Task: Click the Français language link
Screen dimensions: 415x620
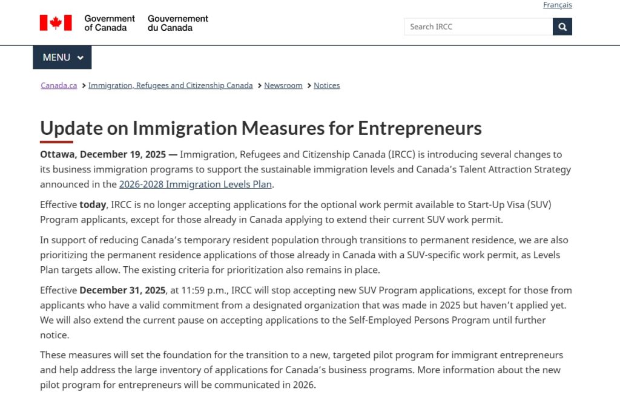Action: click(557, 5)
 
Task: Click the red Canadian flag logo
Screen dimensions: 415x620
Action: click(56, 23)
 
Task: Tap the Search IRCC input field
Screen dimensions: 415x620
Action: click(478, 27)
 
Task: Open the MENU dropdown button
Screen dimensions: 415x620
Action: click(62, 57)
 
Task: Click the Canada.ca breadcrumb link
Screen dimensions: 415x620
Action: click(59, 85)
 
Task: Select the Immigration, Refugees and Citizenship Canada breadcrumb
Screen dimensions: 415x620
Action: click(170, 85)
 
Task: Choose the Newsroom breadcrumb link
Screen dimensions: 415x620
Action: click(283, 85)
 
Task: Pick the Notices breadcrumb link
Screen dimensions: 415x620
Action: click(326, 85)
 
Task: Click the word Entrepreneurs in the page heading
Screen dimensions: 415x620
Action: click(420, 128)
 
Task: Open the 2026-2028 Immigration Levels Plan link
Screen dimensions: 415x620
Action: click(196, 184)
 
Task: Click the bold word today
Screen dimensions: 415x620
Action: click(93, 204)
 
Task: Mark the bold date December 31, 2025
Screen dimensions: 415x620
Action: click(122, 290)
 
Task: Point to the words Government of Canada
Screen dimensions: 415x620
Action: click(110, 23)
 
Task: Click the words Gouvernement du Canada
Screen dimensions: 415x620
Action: click(178, 23)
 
